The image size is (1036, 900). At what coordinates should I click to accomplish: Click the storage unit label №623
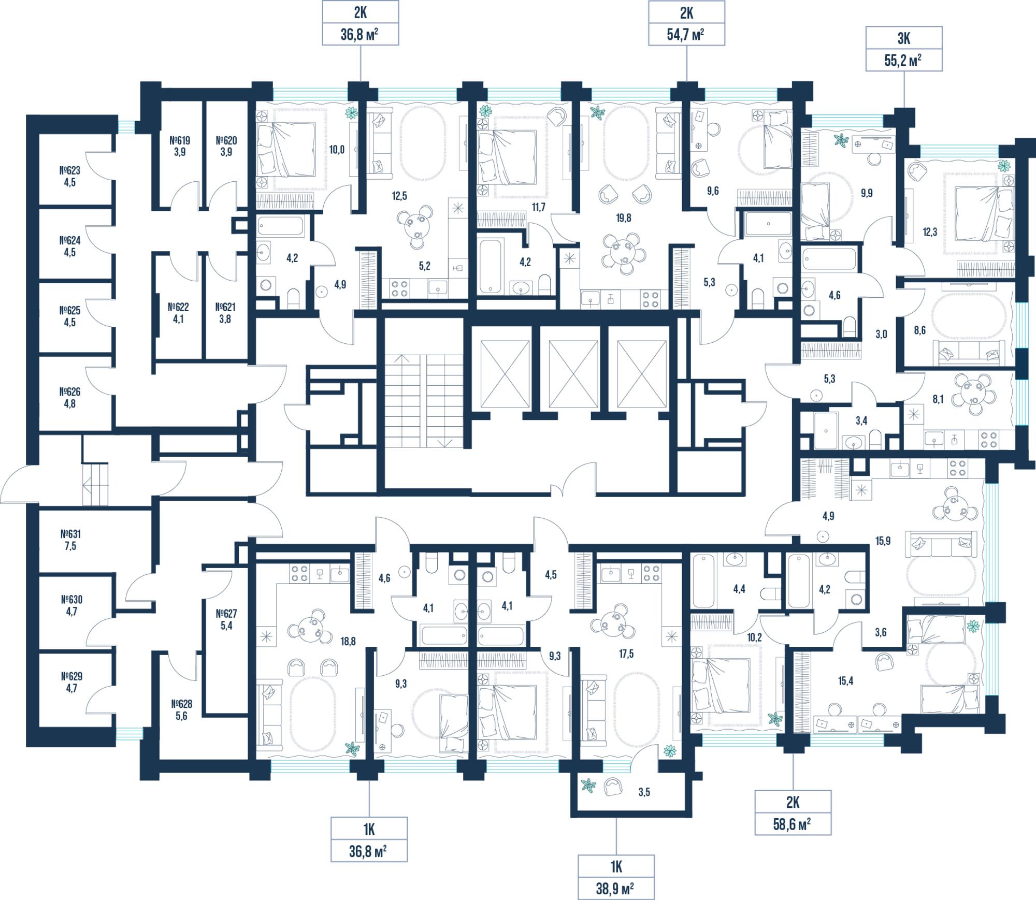[x=70, y=170]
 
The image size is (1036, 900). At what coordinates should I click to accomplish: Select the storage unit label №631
[x=70, y=534]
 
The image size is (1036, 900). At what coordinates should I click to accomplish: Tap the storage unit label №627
[x=226, y=614]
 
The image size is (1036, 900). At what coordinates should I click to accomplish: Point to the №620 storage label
[x=226, y=140]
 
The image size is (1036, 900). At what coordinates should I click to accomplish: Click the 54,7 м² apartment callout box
[x=686, y=23]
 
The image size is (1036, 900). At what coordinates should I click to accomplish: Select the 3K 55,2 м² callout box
[x=904, y=49]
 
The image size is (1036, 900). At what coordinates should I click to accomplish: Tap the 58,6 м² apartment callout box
[x=793, y=812]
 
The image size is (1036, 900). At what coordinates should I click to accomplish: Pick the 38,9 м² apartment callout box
[x=616, y=877]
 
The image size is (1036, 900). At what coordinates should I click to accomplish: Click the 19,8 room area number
[x=624, y=218]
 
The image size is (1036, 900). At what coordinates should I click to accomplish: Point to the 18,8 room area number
[x=348, y=642]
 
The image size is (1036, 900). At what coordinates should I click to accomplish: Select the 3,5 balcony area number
[x=644, y=792]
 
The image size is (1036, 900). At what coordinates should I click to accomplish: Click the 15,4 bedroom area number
[x=845, y=681]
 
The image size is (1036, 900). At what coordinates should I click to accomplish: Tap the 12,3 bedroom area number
[x=930, y=233]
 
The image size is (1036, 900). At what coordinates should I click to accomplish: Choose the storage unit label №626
[x=70, y=392]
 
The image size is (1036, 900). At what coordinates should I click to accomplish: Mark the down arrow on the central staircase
[x=445, y=443]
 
